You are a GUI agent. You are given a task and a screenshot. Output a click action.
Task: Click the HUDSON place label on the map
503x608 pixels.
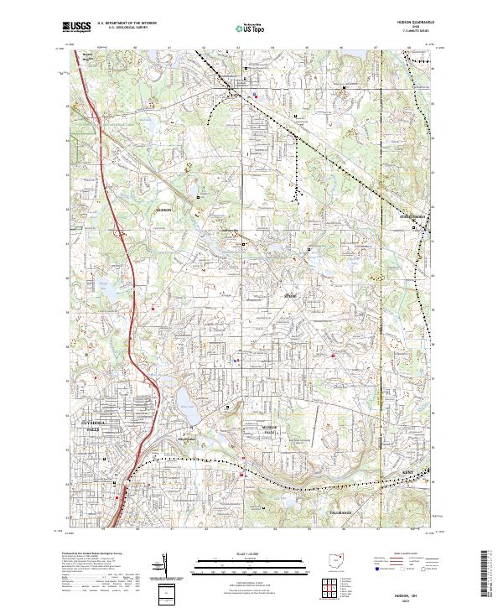163,211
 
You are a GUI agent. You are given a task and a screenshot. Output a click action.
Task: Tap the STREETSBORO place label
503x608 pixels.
411,217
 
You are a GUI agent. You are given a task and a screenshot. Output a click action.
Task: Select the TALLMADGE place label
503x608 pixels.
342,510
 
